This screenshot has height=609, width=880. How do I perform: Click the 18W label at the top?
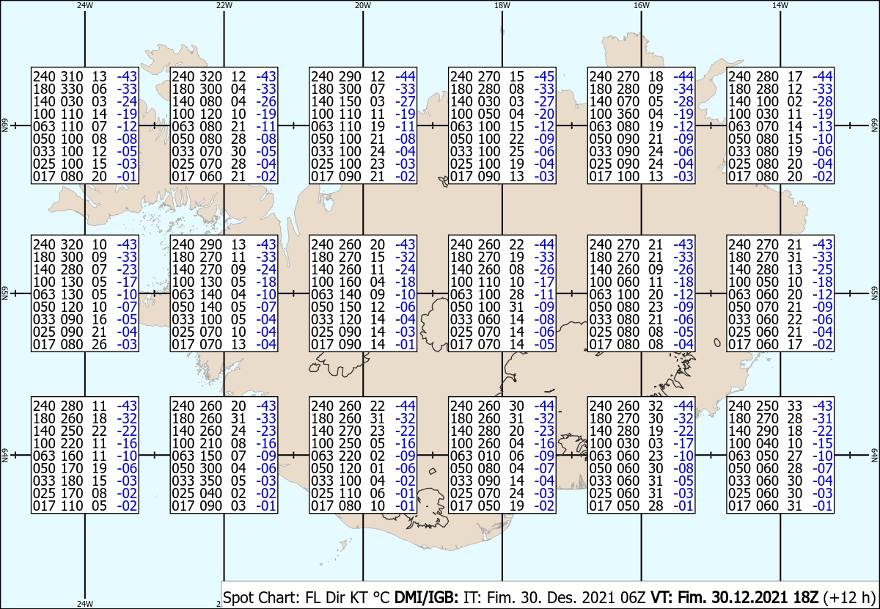[502, 6]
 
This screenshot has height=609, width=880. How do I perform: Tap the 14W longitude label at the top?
[780, 6]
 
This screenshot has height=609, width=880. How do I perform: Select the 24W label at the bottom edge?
[85, 603]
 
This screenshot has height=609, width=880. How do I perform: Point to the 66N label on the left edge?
[4, 125]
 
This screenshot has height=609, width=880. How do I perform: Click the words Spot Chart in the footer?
[261, 597]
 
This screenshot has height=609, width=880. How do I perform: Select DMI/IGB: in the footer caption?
[426, 597]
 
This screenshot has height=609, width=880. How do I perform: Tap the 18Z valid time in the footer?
[806, 597]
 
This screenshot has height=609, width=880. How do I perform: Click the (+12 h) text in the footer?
[849, 597]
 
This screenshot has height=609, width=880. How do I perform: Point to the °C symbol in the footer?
[381, 597]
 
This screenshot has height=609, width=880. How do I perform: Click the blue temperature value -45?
[544, 76]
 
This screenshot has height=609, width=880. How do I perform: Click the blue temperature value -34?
[683, 89]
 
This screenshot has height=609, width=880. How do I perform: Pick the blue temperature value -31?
[823, 418]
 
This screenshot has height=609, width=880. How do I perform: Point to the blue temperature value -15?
[823, 443]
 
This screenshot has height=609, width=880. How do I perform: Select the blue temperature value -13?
[823, 127]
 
